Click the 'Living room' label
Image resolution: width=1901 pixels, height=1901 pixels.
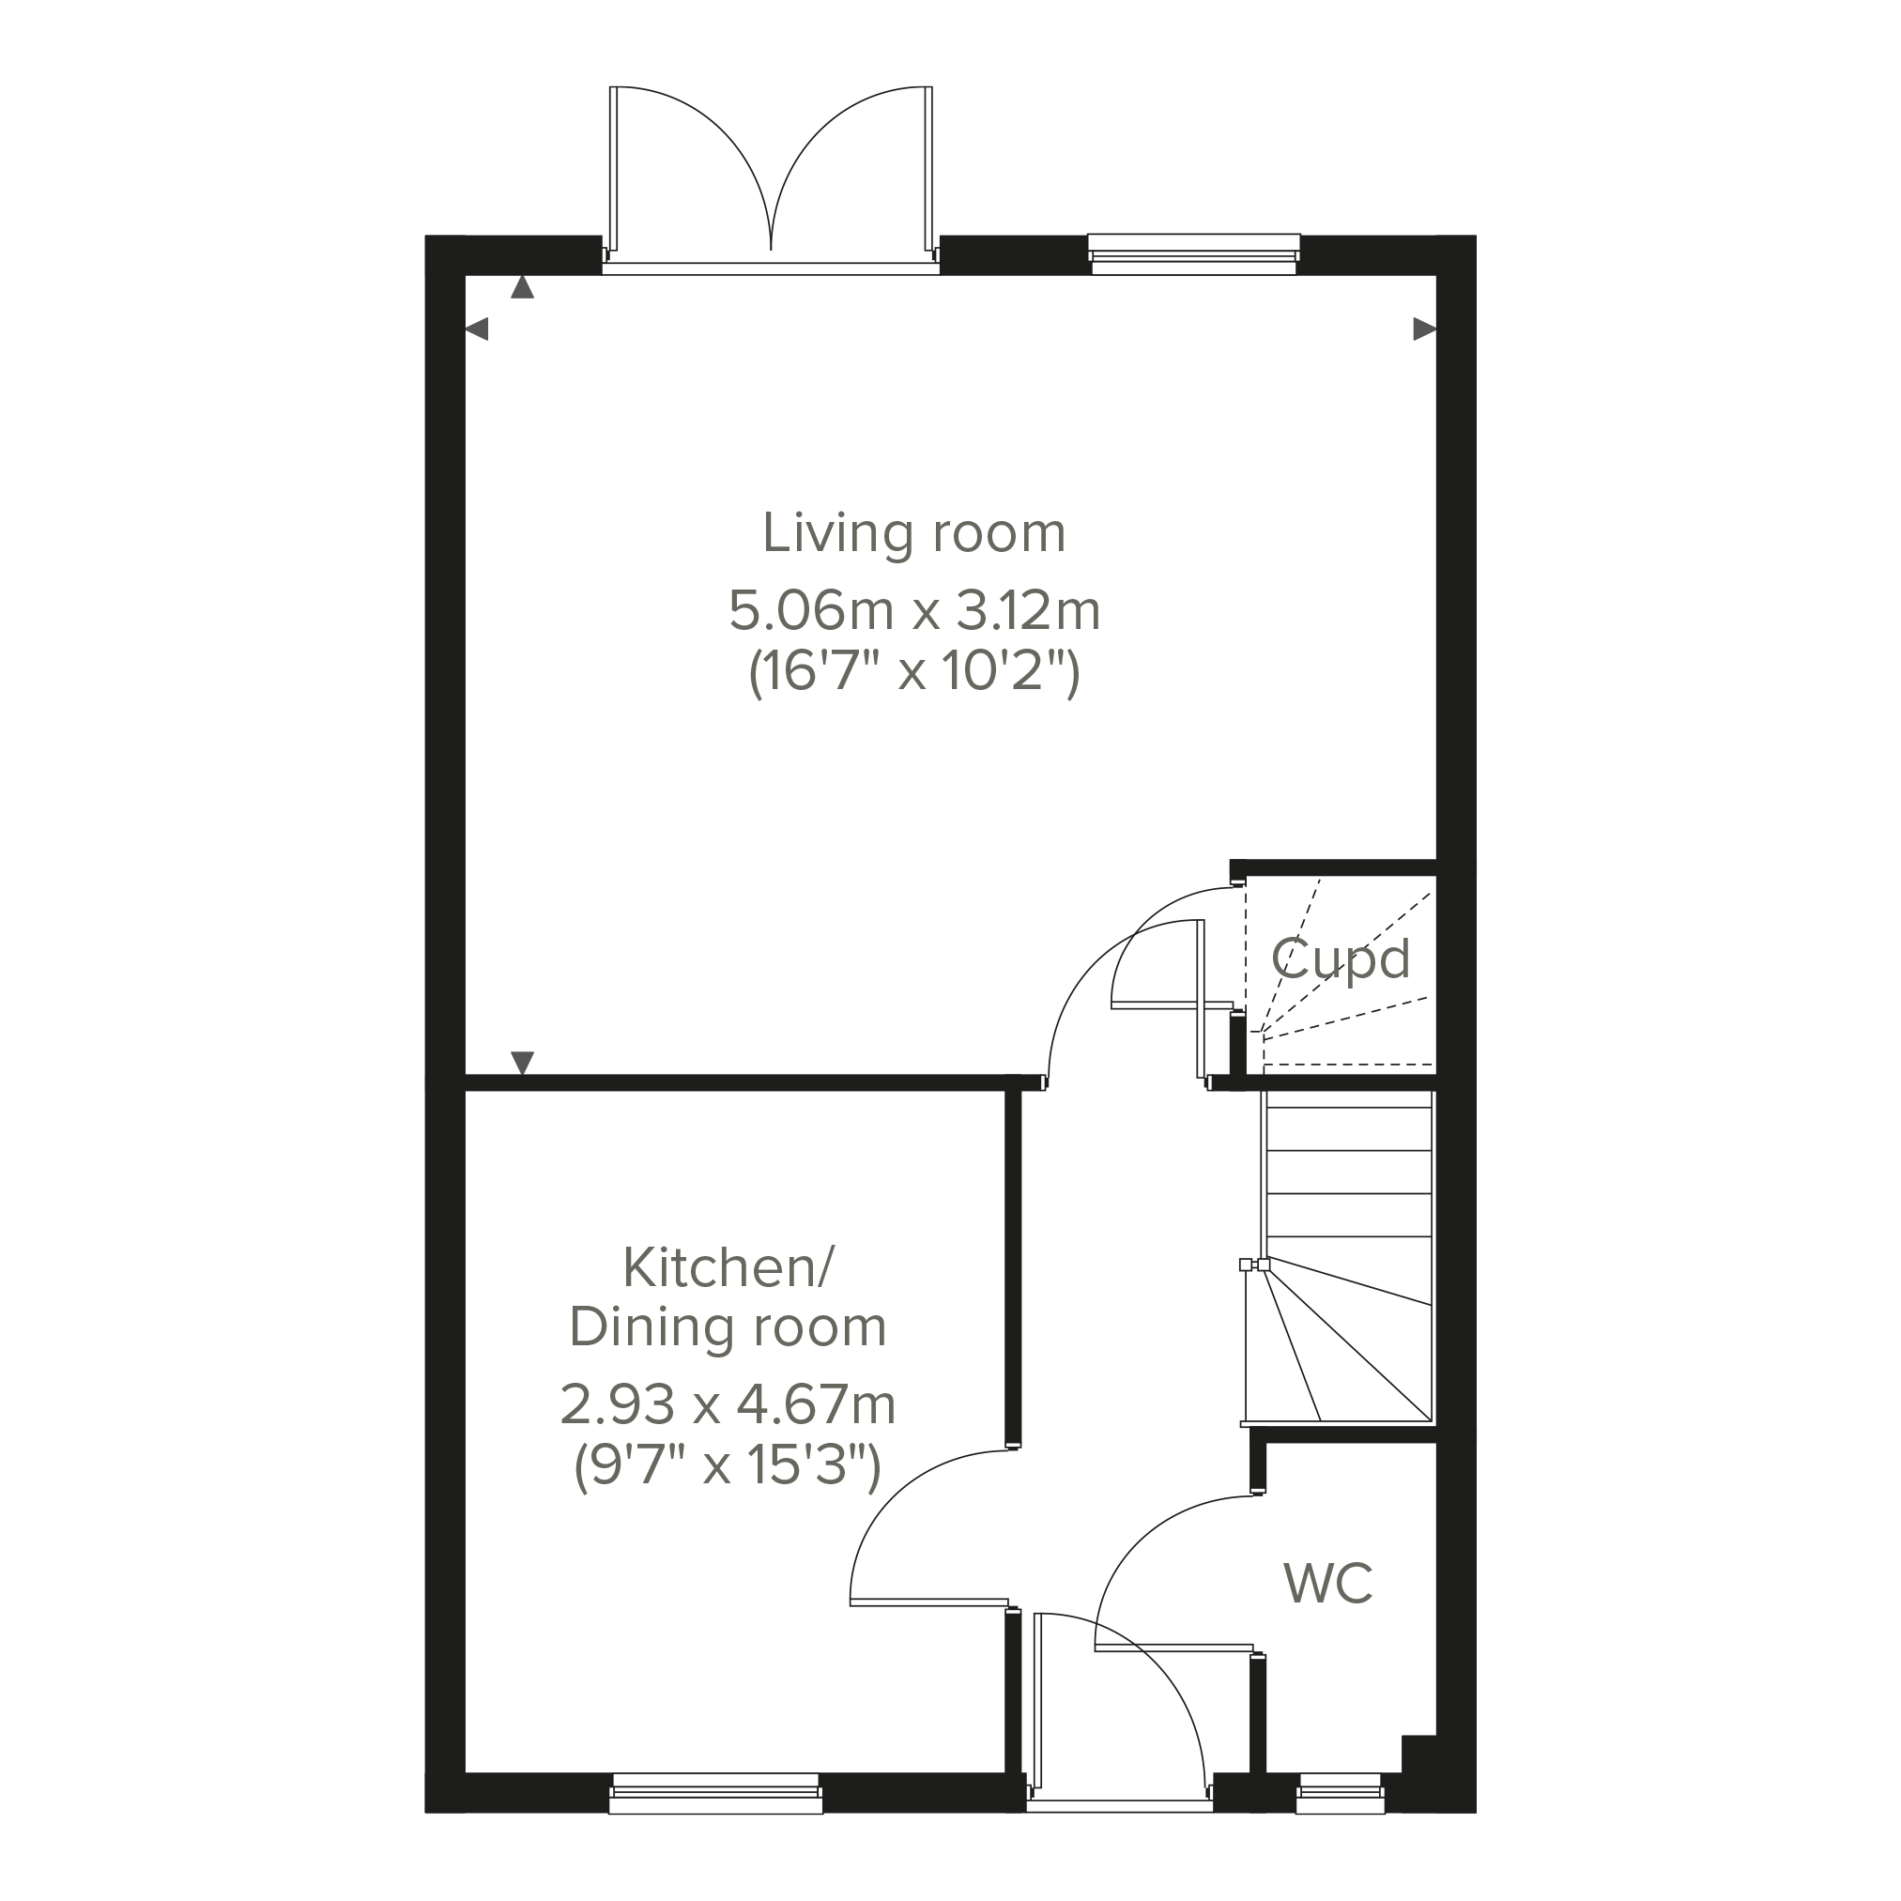pyautogui.click(x=914, y=533)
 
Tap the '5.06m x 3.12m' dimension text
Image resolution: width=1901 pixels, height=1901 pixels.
pyautogui.click(x=914, y=611)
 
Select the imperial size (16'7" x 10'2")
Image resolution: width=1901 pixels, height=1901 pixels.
pyautogui.click(x=914, y=673)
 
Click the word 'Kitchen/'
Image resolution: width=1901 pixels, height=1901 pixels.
pyautogui.click(x=728, y=1268)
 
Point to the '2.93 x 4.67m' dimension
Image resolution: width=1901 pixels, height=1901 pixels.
pyautogui.click(x=728, y=1405)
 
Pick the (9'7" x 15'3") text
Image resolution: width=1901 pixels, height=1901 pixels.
pyautogui.click(x=728, y=1467)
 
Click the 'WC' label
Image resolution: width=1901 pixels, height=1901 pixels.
pyautogui.click(x=1328, y=1583)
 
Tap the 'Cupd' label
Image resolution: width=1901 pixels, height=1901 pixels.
pyautogui.click(x=1341, y=959)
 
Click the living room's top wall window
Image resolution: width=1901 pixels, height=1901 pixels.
pyautogui.click(x=1193, y=253)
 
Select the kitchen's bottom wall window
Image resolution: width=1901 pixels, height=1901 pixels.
pyautogui.click(x=715, y=1794)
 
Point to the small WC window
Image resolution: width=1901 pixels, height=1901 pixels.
pyautogui.click(x=1341, y=1794)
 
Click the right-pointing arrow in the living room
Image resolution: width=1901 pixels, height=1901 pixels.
pyautogui.click(x=1424, y=329)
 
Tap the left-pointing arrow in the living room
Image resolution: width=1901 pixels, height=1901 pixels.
pyautogui.click(x=476, y=329)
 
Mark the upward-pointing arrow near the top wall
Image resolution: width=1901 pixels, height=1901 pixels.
pyautogui.click(x=523, y=287)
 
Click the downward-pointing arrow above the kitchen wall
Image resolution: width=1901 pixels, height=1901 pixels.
pyautogui.click(x=523, y=1063)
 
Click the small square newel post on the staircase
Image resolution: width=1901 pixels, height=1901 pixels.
pyautogui.click(x=1246, y=1265)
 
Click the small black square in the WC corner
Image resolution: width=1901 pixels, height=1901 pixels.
pyautogui.click(x=1418, y=1755)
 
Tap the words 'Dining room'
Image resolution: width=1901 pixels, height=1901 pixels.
pyautogui.click(x=728, y=1328)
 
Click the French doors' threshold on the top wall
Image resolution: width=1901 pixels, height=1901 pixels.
pyautogui.click(x=771, y=268)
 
